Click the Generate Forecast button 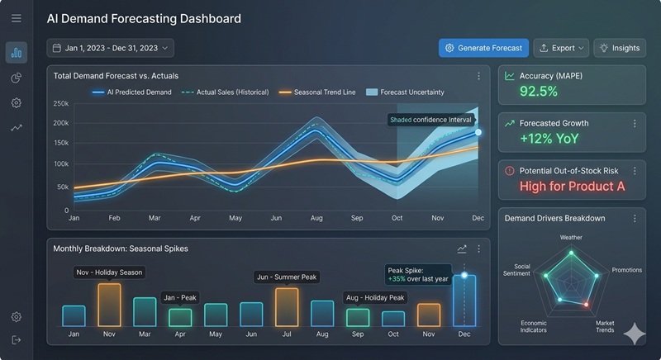(483, 48)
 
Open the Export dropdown (561, 48)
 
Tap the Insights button (619, 48)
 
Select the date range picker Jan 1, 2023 (110, 48)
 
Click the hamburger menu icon (17, 18)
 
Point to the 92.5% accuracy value (539, 91)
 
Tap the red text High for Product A (572, 186)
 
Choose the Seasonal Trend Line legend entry (318, 92)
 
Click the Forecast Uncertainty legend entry (406, 92)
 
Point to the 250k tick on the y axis (60, 104)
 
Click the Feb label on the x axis (115, 219)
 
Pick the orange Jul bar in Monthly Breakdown (287, 306)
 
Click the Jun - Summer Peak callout (286, 277)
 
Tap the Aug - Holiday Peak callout (374, 297)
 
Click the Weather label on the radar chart (571, 238)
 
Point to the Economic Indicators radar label (533, 326)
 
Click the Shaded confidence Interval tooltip (430, 120)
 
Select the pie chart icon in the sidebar (17, 78)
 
